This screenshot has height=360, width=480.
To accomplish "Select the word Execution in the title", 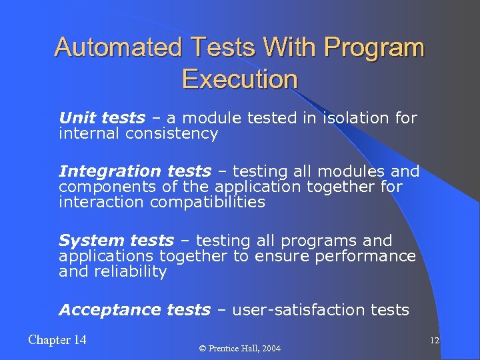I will [239, 79].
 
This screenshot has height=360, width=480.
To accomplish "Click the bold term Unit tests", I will [101, 118].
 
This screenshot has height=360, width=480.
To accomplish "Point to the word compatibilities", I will [208, 202].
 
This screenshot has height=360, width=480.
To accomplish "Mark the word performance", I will [365, 256].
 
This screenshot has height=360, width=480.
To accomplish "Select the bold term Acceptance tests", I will [134, 309].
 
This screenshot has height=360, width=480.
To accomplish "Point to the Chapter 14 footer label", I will [57, 340].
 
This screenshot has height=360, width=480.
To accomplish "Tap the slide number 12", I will [434, 341].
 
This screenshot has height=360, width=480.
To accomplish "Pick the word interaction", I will [102, 202].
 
